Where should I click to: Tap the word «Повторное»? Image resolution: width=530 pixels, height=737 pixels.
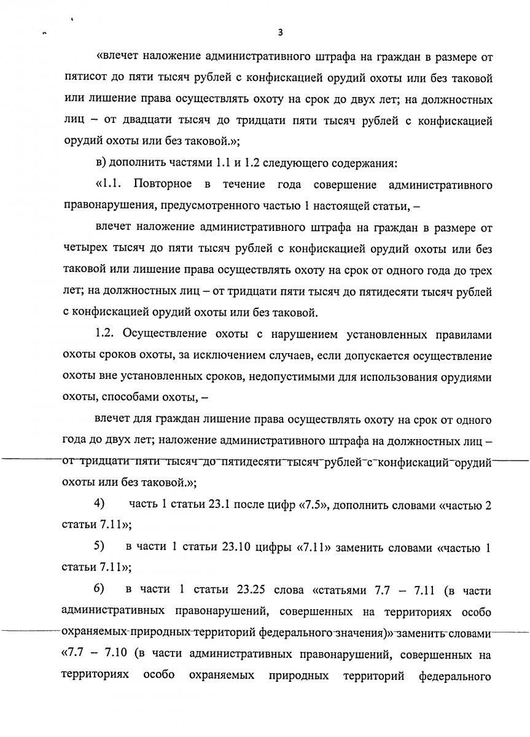(163, 185)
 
